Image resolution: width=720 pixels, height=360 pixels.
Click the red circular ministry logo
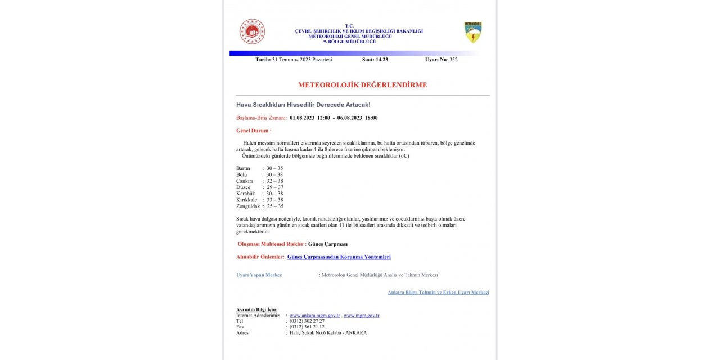[x=252, y=31]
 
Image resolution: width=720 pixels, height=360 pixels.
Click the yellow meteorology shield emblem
[x=473, y=33]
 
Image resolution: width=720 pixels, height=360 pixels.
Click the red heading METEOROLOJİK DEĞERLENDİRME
[x=362, y=85]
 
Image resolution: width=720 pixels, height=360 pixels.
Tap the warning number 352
[x=453, y=60]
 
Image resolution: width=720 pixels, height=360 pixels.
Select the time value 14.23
[x=381, y=60]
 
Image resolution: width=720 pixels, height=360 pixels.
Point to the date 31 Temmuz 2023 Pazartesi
[x=301, y=60]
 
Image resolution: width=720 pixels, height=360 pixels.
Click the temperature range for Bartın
[x=274, y=168]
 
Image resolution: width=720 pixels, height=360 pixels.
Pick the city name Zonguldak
[x=248, y=206]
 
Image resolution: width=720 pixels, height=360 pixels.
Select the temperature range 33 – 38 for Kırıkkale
[x=274, y=200]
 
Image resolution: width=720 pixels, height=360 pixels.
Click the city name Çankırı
[x=245, y=181]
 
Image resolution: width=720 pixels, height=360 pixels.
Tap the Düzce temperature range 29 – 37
[x=275, y=187]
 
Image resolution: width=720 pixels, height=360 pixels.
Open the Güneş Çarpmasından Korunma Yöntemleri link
[x=339, y=256]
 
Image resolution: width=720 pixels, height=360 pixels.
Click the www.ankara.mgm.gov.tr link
[x=314, y=316]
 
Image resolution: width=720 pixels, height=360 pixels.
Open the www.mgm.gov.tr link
[x=361, y=316]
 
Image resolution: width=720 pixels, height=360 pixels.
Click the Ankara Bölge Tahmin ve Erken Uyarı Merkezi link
[x=438, y=292]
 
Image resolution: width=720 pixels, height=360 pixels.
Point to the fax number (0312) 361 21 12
[x=307, y=327]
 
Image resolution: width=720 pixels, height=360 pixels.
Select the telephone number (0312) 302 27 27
[x=307, y=321]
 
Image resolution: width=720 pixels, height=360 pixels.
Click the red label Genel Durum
[x=253, y=130]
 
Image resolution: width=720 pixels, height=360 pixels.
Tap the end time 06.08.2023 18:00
[x=357, y=118]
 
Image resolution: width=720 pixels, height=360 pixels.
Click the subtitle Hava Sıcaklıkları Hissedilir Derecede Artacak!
[x=303, y=105]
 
